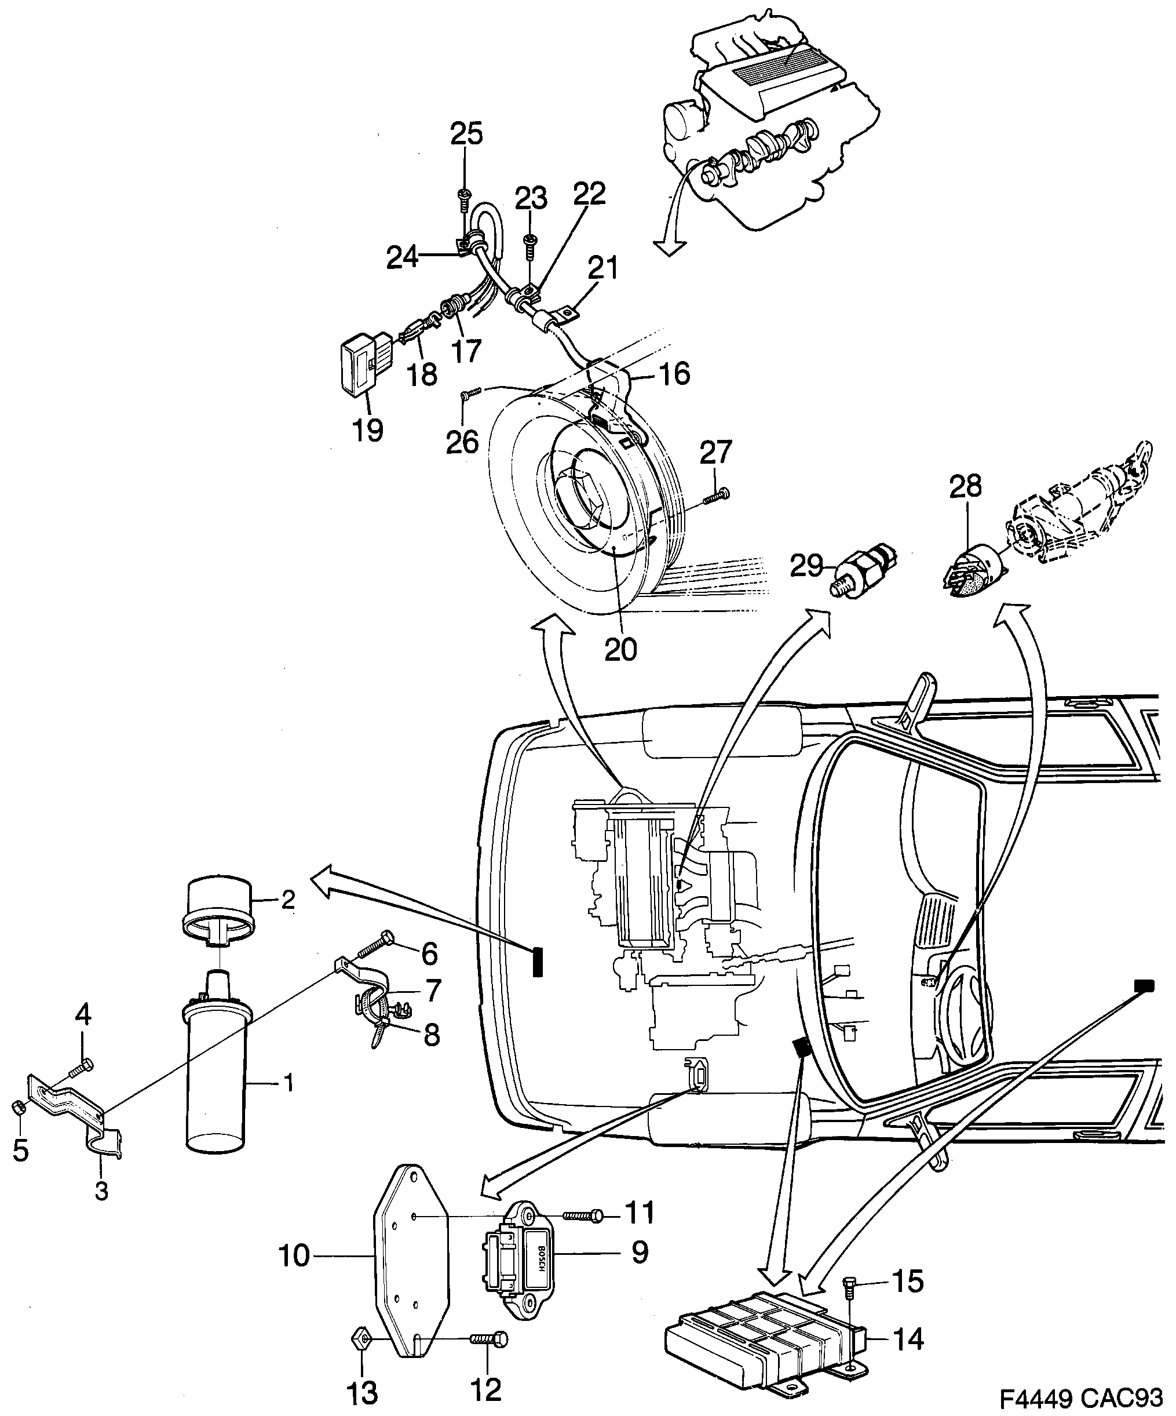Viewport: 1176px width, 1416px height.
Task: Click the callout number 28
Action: pyautogui.click(x=966, y=486)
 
